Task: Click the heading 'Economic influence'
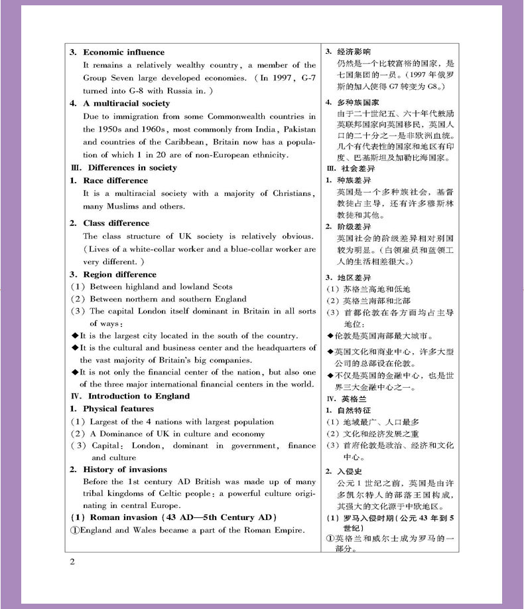point(123,52)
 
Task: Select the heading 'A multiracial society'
point(126,104)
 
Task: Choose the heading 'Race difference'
point(115,181)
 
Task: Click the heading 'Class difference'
point(116,223)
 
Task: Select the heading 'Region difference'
point(119,274)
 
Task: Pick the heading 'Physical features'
point(118,409)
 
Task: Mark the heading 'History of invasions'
point(125,470)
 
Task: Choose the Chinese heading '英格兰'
point(354,399)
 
